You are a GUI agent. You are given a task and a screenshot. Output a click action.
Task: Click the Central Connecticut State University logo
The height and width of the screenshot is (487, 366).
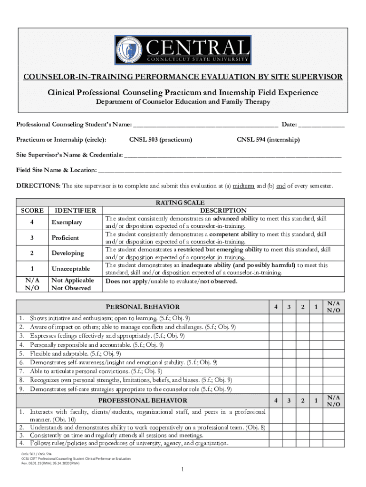pyautogui.click(x=183, y=50)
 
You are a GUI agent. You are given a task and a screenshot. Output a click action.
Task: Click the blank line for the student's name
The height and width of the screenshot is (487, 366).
pyautogui.click(x=205, y=125)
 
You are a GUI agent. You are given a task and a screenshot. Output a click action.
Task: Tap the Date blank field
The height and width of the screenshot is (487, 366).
pyautogui.click(x=322, y=125)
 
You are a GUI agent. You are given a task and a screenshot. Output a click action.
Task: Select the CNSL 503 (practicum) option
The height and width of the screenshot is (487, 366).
pyautogui.click(x=161, y=140)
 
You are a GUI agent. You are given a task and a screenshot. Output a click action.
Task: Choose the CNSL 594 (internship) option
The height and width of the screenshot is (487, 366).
pyautogui.click(x=268, y=140)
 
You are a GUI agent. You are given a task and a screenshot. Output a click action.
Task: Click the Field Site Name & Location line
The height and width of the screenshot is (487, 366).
pyautogui.click(x=219, y=170)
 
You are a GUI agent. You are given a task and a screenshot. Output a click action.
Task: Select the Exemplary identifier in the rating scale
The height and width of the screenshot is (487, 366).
pyautogui.click(x=67, y=223)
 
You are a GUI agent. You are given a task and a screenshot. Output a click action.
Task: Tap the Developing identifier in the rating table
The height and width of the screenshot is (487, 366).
pyautogui.click(x=67, y=253)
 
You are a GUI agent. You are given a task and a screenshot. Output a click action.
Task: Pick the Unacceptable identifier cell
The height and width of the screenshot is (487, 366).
pyautogui.click(x=70, y=269)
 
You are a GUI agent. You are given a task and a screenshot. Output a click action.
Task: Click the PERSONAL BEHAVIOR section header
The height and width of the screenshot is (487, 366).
pyautogui.click(x=143, y=307)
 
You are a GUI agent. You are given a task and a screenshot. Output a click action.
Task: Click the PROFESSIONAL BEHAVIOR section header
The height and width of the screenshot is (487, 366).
pyautogui.click(x=143, y=400)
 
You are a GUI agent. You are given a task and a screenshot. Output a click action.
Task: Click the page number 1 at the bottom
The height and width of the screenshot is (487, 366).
pyautogui.click(x=183, y=470)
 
